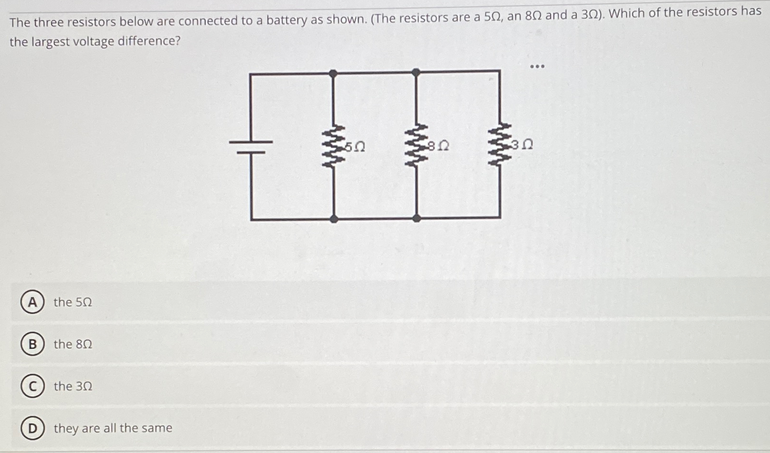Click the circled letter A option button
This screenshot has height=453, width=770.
(32, 302)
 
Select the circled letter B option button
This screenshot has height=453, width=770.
(32, 344)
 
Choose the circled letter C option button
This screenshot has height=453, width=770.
(32, 387)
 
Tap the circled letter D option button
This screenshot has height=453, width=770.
(32, 428)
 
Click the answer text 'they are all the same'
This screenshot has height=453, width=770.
(113, 428)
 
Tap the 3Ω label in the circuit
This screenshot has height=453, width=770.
(522, 144)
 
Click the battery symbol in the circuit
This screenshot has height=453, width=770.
(250, 147)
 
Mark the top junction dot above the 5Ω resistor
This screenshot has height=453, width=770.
(333, 74)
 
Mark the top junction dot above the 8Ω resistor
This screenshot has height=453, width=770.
(416, 73)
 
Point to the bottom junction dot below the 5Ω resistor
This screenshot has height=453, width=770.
(334, 219)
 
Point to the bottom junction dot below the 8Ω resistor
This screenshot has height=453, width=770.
(417, 218)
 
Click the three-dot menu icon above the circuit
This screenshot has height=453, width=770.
(537, 66)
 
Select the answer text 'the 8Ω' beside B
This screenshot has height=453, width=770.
(73, 344)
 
